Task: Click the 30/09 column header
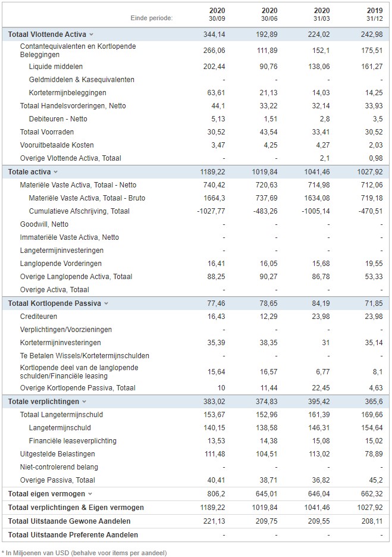coord(217,14)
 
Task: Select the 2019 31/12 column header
coord(375,14)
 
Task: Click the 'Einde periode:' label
coord(152,18)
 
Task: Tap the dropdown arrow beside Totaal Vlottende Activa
coord(91,35)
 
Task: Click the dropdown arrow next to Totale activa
coord(55,172)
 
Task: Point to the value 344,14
coord(214,35)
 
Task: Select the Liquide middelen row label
coord(56,67)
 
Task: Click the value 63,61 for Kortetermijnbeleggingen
coord(217,93)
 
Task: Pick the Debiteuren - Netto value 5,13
coord(218,119)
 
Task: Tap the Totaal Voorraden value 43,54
coord(268,132)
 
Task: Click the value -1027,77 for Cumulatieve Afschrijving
coord(211,211)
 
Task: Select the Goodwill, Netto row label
coord(44,224)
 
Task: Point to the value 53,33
coord(374,277)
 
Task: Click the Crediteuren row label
coord(38,317)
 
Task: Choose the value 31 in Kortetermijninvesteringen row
coord(325,343)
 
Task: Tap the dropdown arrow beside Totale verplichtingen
coord(84,402)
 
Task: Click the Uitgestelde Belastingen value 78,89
coord(374,454)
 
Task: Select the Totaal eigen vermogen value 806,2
coord(217,494)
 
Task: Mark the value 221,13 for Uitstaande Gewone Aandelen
coord(214,521)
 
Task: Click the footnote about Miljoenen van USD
coord(84,553)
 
